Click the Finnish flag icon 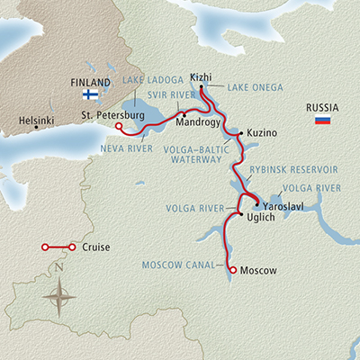(x=90, y=94)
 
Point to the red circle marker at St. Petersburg (x=120, y=126)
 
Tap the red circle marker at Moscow (x=233, y=270)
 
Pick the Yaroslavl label (x=282, y=205)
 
